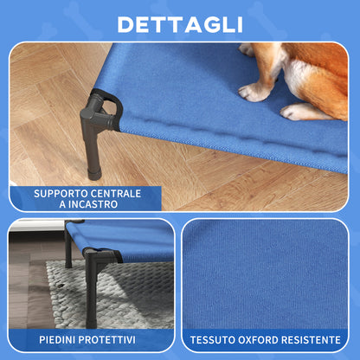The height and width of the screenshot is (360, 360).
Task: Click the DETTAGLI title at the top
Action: (x=179, y=22)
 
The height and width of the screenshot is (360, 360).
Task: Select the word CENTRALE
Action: (x=119, y=193)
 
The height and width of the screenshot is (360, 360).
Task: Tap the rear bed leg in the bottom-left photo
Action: (x=68, y=251)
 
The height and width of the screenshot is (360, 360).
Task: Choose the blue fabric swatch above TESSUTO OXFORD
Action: (x=264, y=273)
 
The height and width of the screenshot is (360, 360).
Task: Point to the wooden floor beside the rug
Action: (x=22, y=294)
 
